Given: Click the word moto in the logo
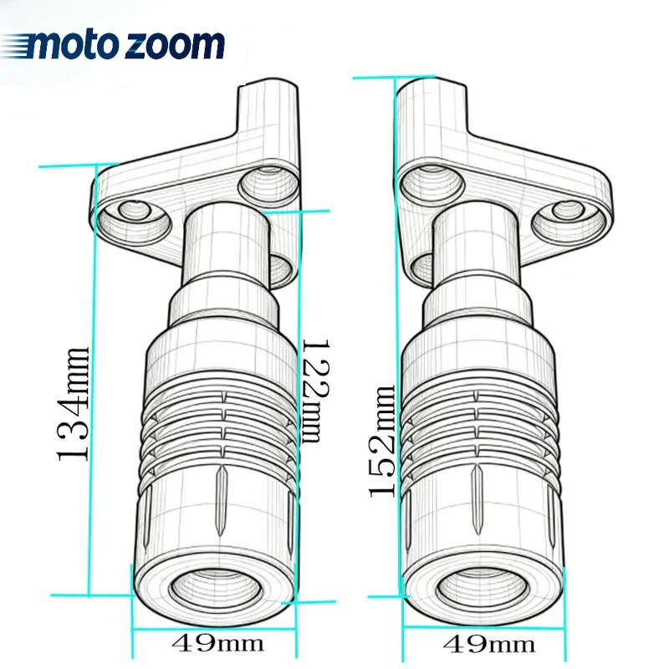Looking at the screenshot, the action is pyautogui.click(x=72, y=45).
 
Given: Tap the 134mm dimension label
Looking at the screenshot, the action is pyautogui.click(x=74, y=404).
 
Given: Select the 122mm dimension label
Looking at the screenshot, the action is pyautogui.click(x=316, y=391).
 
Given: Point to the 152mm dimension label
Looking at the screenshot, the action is pyautogui.click(x=381, y=442).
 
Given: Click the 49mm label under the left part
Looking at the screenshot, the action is pyautogui.click(x=217, y=642).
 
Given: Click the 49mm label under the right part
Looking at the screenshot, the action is pyautogui.click(x=489, y=644).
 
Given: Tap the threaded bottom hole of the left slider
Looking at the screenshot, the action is pyautogui.click(x=216, y=589).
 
